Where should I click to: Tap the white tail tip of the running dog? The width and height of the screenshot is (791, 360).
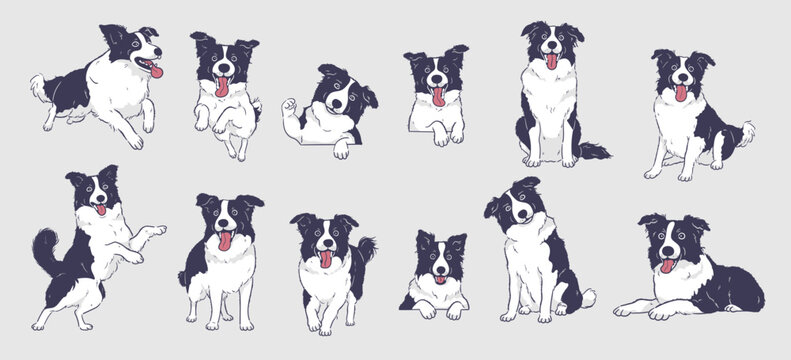click(37, 82)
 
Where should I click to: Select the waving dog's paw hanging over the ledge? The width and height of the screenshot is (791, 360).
click(342, 150)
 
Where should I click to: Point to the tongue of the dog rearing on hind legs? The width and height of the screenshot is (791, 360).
click(100, 210)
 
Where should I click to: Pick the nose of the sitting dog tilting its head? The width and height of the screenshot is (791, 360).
click(516, 215)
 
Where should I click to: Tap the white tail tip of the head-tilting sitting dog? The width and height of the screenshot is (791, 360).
click(589, 297)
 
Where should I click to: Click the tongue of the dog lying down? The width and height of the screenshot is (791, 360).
click(666, 266)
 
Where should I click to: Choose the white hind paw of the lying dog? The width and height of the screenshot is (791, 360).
click(628, 308)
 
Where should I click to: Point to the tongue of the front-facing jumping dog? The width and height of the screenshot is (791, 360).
click(222, 86)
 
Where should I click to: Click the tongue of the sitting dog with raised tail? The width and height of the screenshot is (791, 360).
click(681, 93)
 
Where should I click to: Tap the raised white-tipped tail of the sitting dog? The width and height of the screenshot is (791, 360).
click(745, 130)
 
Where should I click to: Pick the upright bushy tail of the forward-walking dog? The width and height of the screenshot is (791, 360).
click(366, 250)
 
